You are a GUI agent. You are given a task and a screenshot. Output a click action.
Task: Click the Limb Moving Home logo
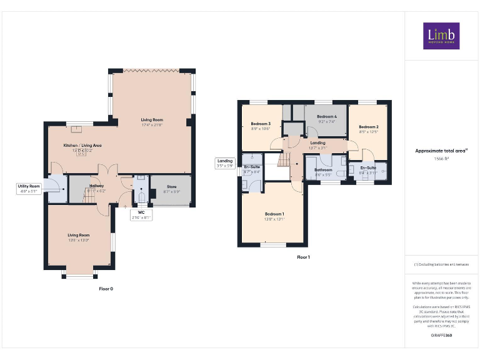click(x=441, y=36)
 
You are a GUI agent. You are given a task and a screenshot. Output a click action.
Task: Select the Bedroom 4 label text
click(x=326, y=117)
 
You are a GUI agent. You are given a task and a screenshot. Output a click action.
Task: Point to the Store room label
click(x=171, y=186)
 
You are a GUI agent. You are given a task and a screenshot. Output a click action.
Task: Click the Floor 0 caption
click(x=106, y=289)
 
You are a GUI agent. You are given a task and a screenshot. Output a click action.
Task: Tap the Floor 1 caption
click(x=302, y=257)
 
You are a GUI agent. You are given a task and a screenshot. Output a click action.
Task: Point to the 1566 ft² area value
click(x=441, y=159)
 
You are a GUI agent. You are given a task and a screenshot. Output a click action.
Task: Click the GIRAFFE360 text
click(x=441, y=336)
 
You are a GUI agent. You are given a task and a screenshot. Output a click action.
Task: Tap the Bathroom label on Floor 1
click(x=323, y=169)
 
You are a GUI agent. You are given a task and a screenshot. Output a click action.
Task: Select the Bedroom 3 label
click(x=260, y=124)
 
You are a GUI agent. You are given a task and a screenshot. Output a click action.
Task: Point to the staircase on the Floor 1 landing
click(x=284, y=161)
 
